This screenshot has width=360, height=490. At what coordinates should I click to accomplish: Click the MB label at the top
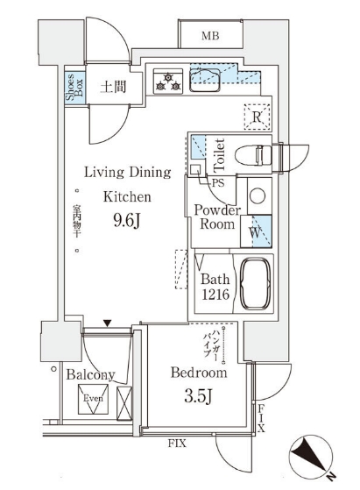[211, 36]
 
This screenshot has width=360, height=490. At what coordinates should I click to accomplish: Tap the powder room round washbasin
[258, 195]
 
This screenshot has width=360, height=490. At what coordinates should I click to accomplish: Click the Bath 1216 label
[215, 287]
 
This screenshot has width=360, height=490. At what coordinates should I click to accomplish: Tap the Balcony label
[90, 374]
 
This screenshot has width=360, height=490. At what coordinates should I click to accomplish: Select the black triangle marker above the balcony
[108, 323]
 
